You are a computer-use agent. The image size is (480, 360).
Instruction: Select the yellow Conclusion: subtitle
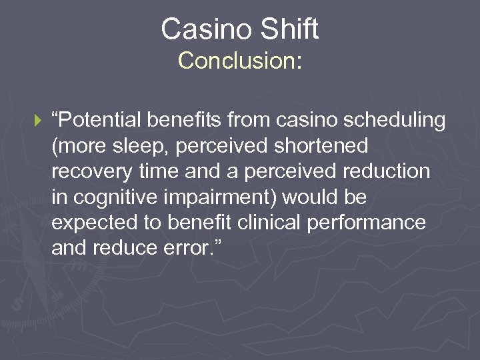pos(240,61)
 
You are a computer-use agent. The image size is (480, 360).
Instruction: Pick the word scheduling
pos(391,121)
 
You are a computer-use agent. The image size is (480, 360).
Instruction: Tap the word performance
pos(367,222)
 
